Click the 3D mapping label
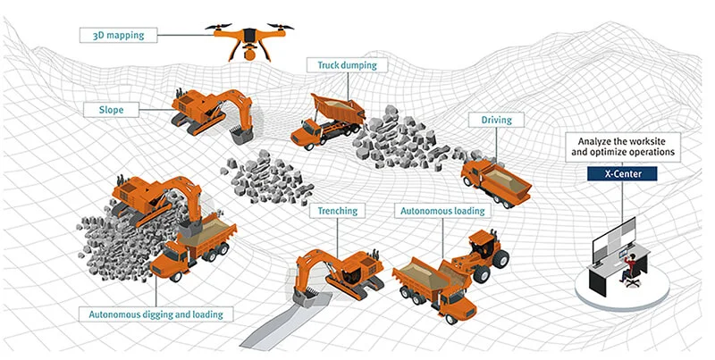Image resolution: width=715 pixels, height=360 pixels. coord(119,35)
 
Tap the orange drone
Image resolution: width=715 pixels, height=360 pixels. coord(249,40)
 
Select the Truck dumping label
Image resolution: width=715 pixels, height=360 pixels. coord(347,65)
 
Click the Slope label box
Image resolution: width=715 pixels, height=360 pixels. coord(111,110)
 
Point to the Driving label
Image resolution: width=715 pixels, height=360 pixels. coord(497,121)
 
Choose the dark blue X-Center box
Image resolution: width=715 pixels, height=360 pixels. coord(622,173)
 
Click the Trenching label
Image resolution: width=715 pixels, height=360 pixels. coord(338,211)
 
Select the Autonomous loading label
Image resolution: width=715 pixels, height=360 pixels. coord(442,211)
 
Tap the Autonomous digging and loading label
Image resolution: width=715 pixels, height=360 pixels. coord(156,314)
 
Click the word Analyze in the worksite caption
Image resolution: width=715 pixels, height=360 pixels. coord(593,141)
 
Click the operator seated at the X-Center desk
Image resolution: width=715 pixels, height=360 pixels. coord(629,270)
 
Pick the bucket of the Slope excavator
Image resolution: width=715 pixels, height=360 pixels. coord(241,135)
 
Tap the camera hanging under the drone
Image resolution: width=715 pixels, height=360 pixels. coord(250,54)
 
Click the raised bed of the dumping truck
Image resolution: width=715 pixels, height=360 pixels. coord(338,107)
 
